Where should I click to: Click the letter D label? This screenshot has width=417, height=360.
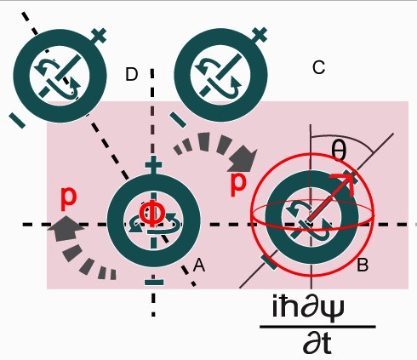tap(131, 75)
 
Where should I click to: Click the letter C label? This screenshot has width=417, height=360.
tap(318, 68)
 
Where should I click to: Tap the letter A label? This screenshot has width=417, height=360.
tap(198, 266)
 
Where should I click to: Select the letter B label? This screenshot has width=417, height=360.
tap(363, 266)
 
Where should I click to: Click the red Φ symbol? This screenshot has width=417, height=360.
tap(152, 214)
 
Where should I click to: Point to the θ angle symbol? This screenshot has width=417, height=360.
tap(339, 151)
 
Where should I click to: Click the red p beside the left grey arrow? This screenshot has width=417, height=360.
tap(69, 199)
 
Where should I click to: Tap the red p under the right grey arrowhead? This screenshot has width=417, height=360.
tap(237, 185)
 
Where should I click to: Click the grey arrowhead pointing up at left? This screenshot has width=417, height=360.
tap(66, 228)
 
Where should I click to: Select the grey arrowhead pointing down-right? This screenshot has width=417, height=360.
tap(244, 159)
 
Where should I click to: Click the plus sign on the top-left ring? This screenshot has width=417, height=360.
tap(99, 36)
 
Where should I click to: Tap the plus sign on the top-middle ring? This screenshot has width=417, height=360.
tap(260, 35)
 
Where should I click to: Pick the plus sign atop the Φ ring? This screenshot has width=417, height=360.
tap(153, 165)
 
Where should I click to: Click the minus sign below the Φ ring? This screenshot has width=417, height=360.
tap(154, 282)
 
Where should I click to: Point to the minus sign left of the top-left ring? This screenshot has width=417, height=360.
tap(17, 120)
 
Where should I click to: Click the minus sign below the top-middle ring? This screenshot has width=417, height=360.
tap(178, 119)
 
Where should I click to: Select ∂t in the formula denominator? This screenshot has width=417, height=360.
tap(317, 343)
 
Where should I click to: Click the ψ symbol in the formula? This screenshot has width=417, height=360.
tap(334, 309)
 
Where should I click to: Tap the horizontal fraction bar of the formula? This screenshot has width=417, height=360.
tap(318, 327)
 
